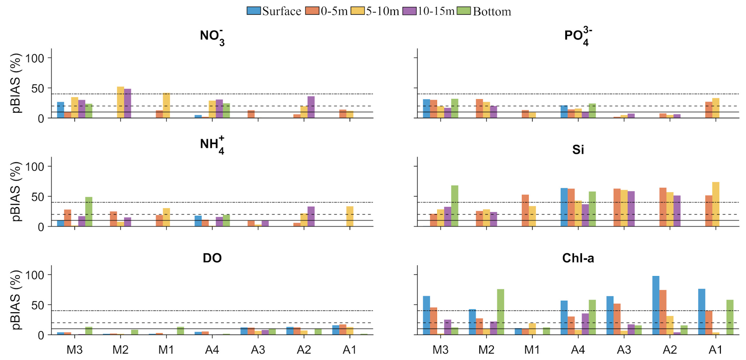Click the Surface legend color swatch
254,11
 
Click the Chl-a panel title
578,258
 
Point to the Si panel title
578,150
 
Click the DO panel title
212,258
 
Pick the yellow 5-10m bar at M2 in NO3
121,102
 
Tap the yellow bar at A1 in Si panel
715,204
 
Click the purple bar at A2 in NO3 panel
311,107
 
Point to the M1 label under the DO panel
166,350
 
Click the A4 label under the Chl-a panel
578,350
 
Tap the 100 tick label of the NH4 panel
34,167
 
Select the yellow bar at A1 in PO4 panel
715,108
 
